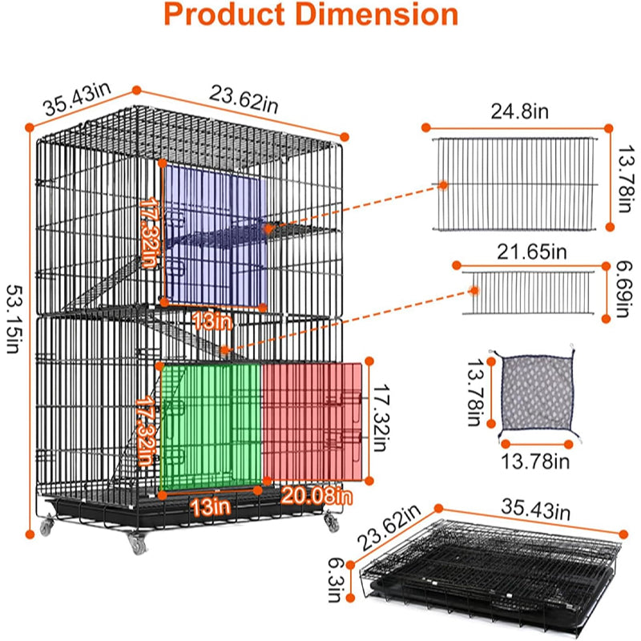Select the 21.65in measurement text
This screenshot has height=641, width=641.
530,251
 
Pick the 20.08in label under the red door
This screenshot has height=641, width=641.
316,496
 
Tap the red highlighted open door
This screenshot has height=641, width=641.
312,421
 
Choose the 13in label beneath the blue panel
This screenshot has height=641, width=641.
212,321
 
